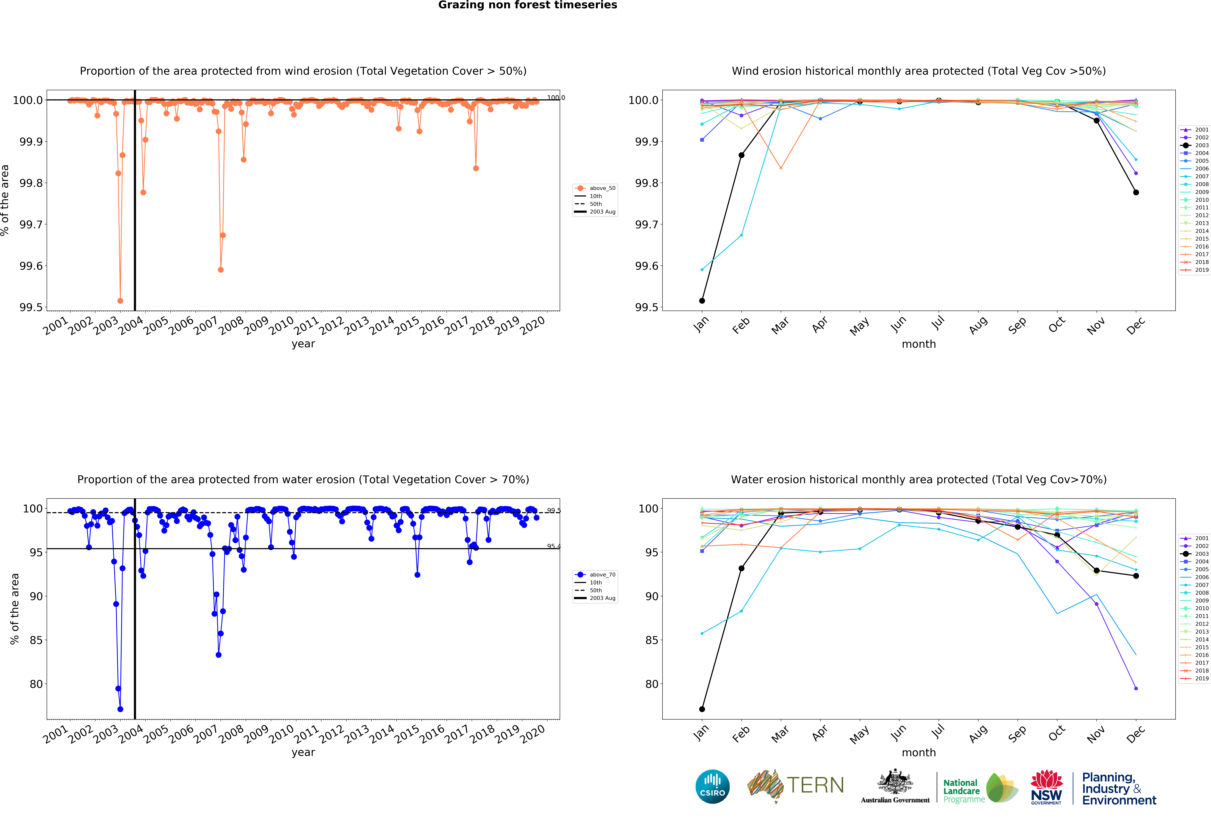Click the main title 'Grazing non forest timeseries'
(x=527, y=5)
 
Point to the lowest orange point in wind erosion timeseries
(x=120, y=301)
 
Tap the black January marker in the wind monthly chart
(x=702, y=301)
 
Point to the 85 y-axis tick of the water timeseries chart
(x=36, y=640)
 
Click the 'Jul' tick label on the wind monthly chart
(x=938, y=324)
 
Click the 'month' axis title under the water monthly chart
(x=919, y=752)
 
